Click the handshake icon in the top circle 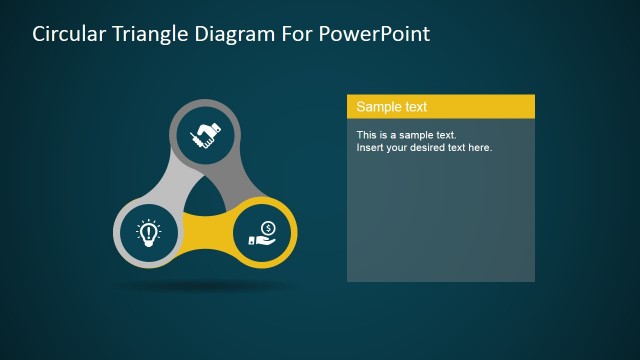tap(206, 134)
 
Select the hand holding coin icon tap(263, 233)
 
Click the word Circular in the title tap(68, 34)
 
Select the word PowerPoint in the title tap(376, 34)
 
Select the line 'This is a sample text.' tap(406, 134)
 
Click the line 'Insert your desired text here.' tap(424, 147)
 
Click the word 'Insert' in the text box tap(370, 147)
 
